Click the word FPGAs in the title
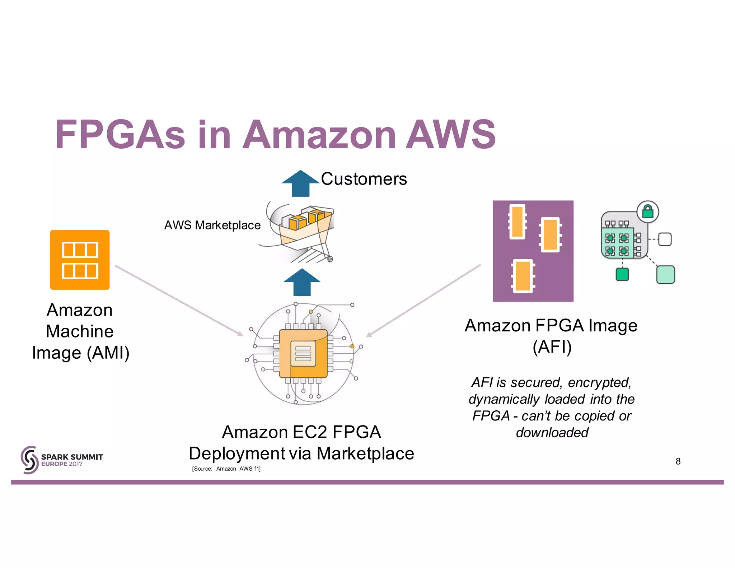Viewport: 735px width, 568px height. [120, 135]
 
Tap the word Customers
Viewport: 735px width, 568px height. [364, 179]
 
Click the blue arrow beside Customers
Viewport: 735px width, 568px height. [300, 183]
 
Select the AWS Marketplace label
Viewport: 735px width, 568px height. [212, 225]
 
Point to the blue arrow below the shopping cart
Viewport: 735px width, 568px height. [302, 283]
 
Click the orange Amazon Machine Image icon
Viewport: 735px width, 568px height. [80, 260]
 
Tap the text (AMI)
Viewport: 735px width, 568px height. [108, 353]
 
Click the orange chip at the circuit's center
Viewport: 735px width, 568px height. [303, 353]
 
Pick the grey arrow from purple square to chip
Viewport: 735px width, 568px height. [423, 301]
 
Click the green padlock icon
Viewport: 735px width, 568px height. [648, 211]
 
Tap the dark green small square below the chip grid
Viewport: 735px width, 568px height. [622, 274]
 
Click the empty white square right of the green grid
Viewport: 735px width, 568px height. [665, 239]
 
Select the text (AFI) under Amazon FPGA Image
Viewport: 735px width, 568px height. [552, 347]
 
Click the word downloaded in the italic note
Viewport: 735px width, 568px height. [552, 433]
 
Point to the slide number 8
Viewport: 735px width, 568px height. [678, 461]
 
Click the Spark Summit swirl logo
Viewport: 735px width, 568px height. [29, 460]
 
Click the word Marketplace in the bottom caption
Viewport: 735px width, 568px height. [365, 453]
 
